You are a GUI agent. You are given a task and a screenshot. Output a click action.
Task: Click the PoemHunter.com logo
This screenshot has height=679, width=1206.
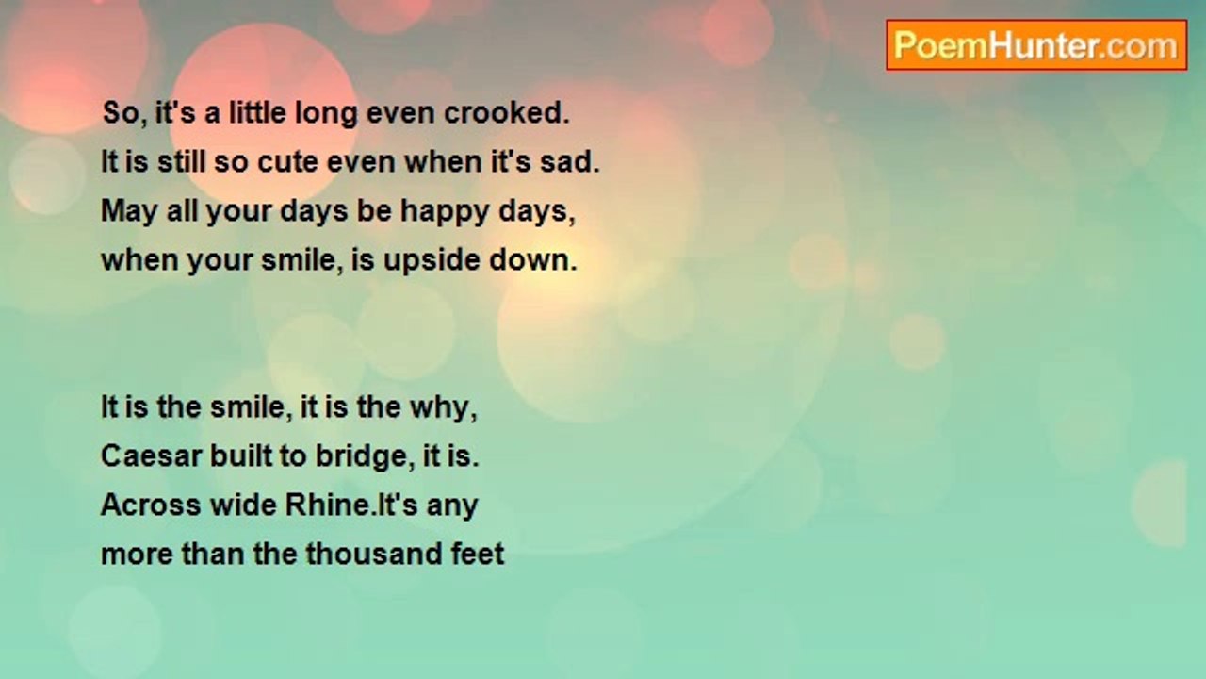(1036, 45)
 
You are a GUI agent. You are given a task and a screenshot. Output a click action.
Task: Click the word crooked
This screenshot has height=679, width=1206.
(506, 113)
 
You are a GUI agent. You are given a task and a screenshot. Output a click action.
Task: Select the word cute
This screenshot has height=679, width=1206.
(287, 162)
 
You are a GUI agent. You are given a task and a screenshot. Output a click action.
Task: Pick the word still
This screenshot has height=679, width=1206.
(181, 161)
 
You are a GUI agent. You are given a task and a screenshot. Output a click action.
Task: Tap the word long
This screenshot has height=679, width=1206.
(326, 114)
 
